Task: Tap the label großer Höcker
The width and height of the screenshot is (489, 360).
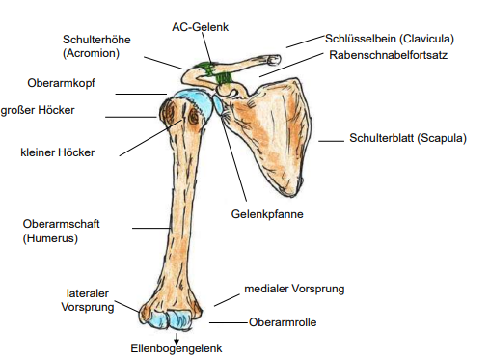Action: click(38, 110)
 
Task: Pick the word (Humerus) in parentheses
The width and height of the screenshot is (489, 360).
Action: click(50, 237)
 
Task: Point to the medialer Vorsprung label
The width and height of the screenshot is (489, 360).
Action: click(293, 289)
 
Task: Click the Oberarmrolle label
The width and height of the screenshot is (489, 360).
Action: click(283, 321)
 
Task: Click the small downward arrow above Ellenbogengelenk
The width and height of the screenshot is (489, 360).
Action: click(177, 336)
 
